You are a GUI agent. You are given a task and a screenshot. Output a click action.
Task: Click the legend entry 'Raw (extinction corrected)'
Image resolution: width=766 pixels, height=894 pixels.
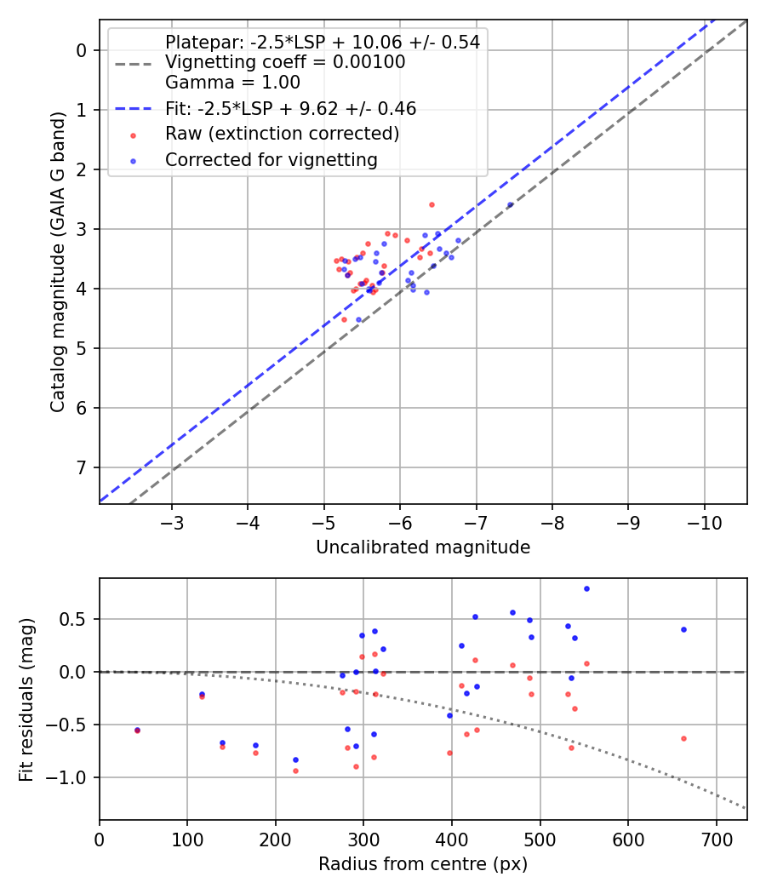[x=282, y=134]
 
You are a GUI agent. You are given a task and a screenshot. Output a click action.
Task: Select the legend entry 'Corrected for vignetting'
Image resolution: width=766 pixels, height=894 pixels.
[x=272, y=159]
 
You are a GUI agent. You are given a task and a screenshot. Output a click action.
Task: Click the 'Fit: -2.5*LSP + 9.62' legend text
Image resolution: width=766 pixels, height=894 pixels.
[x=290, y=108]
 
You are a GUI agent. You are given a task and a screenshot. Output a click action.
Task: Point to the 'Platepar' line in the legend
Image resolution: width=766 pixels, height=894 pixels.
[x=322, y=42]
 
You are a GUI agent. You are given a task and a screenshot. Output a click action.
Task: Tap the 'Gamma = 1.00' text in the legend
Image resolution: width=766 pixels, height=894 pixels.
[x=232, y=83]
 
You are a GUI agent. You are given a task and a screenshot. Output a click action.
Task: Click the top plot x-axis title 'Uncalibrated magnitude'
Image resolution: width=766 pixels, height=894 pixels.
[x=423, y=547]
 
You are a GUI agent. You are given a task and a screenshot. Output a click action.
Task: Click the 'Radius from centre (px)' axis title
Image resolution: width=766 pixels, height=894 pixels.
[x=423, y=864]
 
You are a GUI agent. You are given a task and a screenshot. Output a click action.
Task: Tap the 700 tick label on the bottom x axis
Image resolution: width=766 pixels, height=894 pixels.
[x=716, y=838]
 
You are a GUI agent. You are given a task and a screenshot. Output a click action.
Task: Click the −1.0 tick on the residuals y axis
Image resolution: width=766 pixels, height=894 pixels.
[x=71, y=777]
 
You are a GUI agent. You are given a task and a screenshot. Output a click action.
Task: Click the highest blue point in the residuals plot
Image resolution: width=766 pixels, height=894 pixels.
[x=586, y=588]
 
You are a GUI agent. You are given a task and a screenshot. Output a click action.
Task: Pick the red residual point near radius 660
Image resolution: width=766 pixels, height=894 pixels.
[x=683, y=738]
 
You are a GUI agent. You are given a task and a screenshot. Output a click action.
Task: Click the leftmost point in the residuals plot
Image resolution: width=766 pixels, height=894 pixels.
[x=137, y=731]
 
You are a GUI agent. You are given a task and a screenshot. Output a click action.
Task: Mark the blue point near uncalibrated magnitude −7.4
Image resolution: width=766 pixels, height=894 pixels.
[x=510, y=204]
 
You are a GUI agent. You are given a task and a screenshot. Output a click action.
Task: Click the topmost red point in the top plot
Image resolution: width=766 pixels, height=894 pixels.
[x=432, y=204]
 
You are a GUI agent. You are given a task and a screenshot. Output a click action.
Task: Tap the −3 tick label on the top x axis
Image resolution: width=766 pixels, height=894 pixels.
[x=172, y=522]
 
